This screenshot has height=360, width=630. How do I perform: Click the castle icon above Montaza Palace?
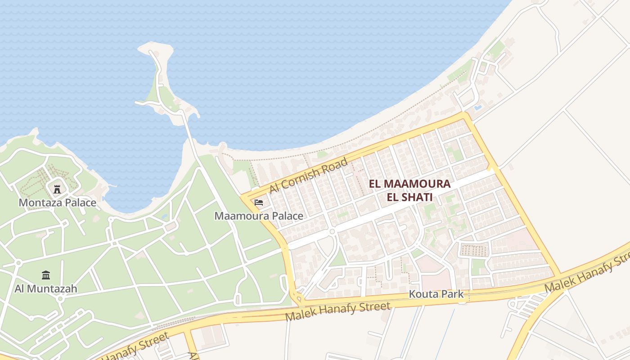[57, 189]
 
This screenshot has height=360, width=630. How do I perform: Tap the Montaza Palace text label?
[57, 202]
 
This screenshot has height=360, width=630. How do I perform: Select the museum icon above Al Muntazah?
[46, 275]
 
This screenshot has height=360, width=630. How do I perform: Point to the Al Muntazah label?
[46, 288]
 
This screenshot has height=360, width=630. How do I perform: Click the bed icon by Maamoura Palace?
[259, 202]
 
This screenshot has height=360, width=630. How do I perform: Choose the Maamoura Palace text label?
[259, 216]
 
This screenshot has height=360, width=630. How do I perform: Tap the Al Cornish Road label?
[309, 175]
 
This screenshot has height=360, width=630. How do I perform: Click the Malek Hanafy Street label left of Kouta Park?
[337, 311]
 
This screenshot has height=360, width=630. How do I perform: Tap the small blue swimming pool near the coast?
[477, 108]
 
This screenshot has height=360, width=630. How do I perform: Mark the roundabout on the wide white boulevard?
[332, 231]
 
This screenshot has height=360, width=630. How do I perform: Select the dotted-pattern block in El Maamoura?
[474, 250]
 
